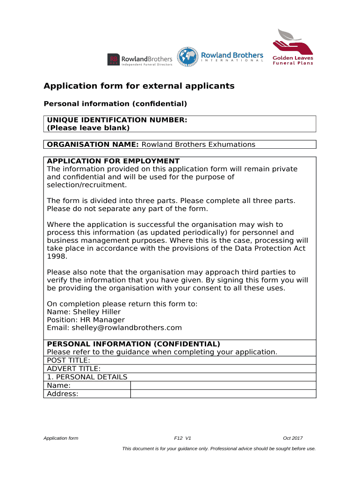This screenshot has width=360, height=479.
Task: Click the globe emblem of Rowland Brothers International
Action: tap(187, 57)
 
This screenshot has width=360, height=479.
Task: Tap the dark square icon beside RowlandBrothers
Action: tap(114, 59)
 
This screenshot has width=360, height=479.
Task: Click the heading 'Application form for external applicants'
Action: tap(139, 86)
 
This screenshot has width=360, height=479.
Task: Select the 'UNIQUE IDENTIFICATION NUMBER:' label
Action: tap(117, 120)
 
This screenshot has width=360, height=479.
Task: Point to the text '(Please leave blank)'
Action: tap(88, 128)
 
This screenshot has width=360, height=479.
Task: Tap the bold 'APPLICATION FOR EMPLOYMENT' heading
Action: tap(113, 161)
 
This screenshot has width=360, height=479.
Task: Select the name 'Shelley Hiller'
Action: tap(97, 312)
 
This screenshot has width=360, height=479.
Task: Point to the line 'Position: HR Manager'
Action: tap(86, 319)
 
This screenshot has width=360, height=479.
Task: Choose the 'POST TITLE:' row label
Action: tap(69, 360)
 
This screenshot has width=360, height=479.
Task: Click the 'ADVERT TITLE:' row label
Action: tap(74, 369)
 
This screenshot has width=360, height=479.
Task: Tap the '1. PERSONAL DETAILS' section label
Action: tap(87, 377)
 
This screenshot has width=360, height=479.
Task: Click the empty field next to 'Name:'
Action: tap(223, 385)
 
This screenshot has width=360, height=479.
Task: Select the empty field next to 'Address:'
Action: tap(223, 394)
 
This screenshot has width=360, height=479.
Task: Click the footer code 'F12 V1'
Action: tap(182, 438)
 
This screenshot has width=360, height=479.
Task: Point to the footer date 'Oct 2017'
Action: tap(293, 438)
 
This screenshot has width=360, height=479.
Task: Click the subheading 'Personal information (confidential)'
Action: tap(115, 103)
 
